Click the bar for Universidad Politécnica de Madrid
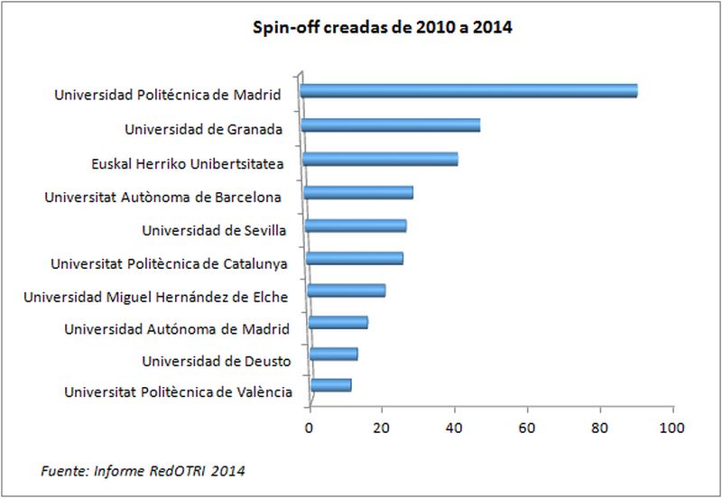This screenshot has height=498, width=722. [469, 90]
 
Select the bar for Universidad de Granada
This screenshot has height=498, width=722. [391, 125]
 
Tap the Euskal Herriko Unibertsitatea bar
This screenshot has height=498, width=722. [380, 160]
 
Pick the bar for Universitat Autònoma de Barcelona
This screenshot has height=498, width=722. [358, 192]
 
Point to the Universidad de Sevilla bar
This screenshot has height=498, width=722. [356, 226]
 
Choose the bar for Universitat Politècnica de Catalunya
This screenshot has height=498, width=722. [354, 259]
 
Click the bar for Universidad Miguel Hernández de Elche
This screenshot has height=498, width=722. [347, 290]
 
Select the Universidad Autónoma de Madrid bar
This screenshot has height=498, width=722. [338, 323]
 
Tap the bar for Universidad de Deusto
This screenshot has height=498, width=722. [334, 354]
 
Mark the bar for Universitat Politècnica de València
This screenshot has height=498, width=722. [331, 386]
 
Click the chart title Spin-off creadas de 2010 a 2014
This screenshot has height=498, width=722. [382, 28]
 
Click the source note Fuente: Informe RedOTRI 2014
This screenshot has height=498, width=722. [143, 470]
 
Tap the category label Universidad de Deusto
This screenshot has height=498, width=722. [216, 361]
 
